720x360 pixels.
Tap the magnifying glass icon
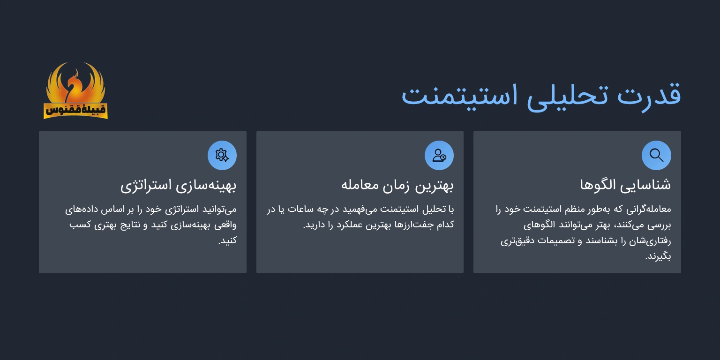click(656, 155)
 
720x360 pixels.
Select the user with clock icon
click(439, 155)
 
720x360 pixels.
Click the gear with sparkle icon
click(222, 155)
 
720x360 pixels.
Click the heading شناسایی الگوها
click(625, 185)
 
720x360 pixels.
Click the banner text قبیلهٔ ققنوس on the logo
click(75, 111)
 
